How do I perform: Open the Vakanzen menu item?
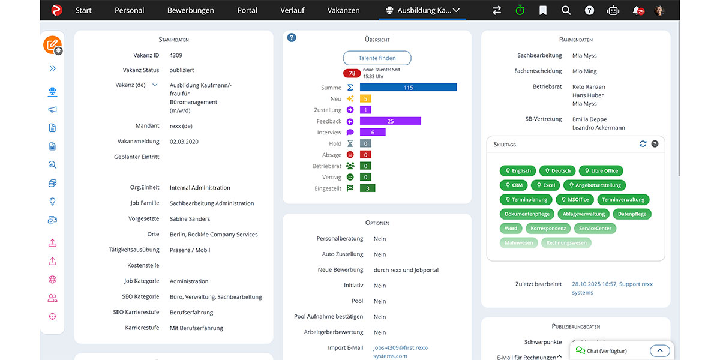coord(343,10)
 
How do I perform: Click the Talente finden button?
coord(377,58)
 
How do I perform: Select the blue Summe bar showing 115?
coord(408,88)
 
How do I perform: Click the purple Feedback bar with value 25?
coord(390,121)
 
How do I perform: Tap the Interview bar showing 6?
coord(373,133)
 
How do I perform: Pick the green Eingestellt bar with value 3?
coord(367,188)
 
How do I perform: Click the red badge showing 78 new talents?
coord(352,73)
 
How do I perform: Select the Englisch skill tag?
coord(517,171)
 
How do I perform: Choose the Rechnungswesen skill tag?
coord(566,243)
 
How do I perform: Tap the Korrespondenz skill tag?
coord(548,229)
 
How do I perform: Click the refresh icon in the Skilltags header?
coord(643,144)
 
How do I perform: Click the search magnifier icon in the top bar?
coord(566,10)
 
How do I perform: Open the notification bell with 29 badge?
coord(637,10)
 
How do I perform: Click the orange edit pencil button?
coord(52,44)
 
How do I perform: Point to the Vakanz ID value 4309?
coord(176,55)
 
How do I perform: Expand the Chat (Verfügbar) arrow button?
coord(659,351)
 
